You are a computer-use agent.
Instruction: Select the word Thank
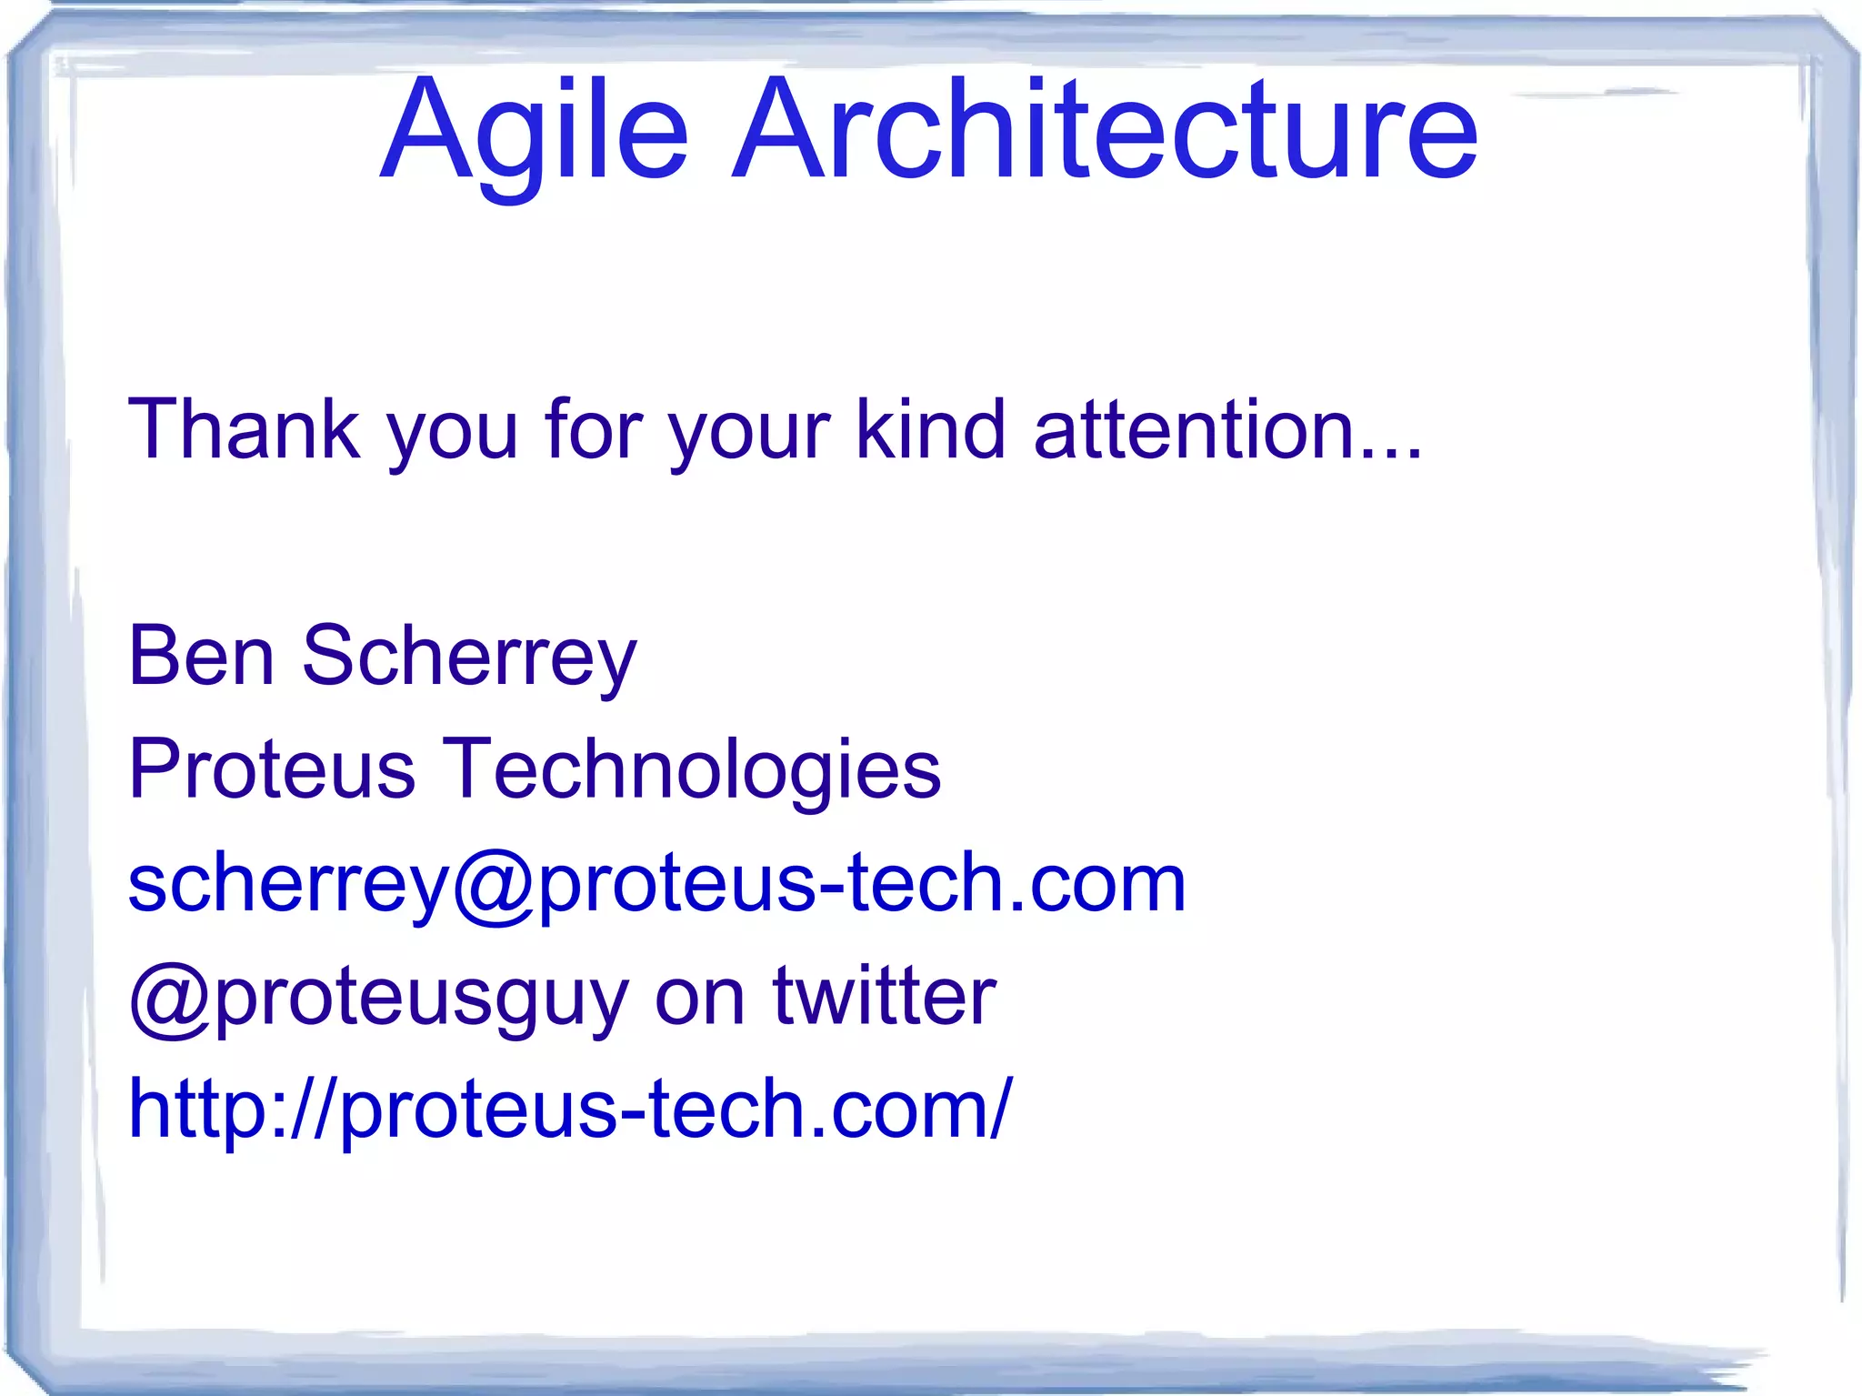pyautogui.click(x=244, y=429)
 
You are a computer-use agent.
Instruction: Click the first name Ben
pyautogui.click(x=201, y=656)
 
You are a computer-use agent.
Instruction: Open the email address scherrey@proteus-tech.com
pyautogui.click(x=656, y=884)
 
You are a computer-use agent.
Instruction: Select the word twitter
pyautogui.click(x=884, y=997)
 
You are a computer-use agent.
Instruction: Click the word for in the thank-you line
pyautogui.click(x=594, y=429)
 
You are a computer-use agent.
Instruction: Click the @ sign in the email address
pyautogui.click(x=495, y=886)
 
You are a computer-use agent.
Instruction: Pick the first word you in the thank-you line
pyautogui.click(x=453, y=435)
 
